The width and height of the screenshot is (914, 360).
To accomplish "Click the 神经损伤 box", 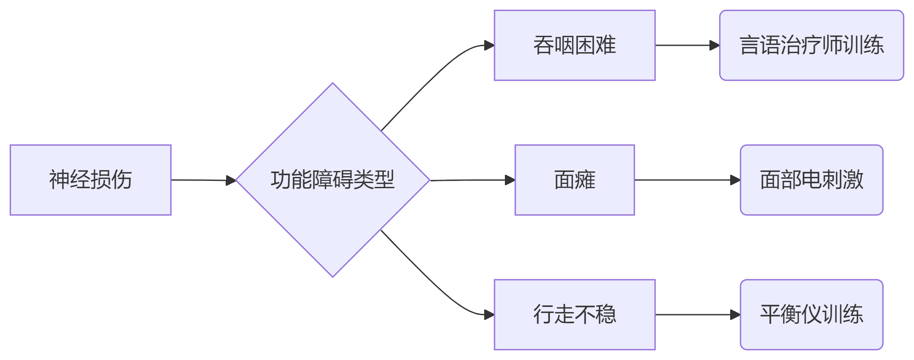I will point(91,180).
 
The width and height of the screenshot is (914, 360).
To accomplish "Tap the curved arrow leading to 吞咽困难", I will point(432,80).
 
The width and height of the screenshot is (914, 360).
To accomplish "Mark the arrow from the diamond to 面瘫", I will point(470,180).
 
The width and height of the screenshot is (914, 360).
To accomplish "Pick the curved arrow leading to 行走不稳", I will point(432,281).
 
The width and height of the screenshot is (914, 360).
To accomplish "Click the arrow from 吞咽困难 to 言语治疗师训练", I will point(686,45).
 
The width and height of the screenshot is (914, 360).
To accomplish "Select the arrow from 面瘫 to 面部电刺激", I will point(686,180).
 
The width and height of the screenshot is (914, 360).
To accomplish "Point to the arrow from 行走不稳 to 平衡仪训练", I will point(697,315).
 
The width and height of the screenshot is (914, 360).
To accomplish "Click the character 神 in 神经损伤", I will point(59,180).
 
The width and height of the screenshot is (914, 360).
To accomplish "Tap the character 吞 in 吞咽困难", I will point(543,45).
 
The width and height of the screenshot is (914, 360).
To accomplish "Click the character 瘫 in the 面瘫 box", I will point(585,180).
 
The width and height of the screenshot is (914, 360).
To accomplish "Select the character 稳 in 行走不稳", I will point(606,314).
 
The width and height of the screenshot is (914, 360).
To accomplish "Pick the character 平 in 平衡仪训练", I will point(770,314).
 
